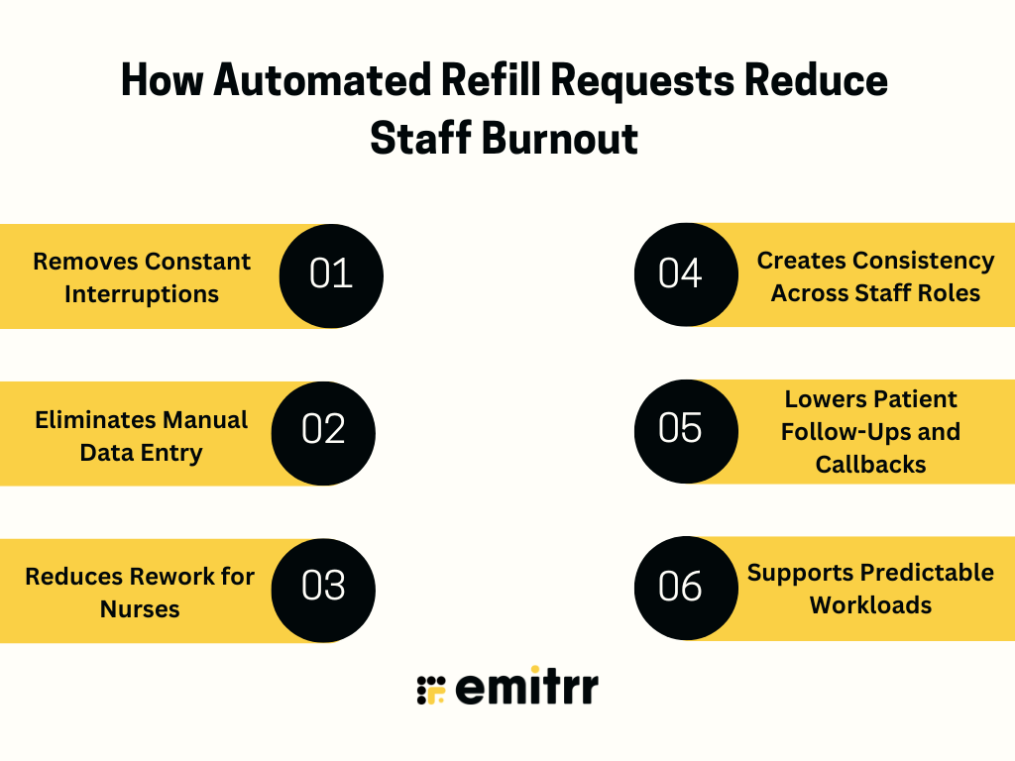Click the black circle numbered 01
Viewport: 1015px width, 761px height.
(x=331, y=275)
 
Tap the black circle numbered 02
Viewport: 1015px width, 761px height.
(x=323, y=432)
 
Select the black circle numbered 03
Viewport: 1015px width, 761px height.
(x=323, y=589)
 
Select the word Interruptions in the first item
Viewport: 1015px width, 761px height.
(x=142, y=294)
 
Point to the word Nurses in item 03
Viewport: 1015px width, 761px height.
(x=140, y=608)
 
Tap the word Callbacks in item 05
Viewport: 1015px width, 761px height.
(x=870, y=464)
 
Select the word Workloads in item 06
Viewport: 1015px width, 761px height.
(x=870, y=604)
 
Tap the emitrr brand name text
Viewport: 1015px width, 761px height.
(x=526, y=687)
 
